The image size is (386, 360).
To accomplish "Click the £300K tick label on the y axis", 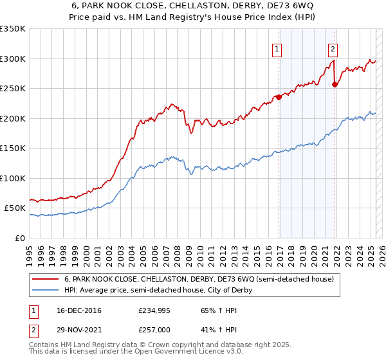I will click(13, 59).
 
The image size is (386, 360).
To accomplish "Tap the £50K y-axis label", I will click(15, 208).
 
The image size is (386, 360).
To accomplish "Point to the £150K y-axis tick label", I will click(13, 148).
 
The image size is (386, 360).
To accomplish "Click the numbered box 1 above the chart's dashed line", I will click(277, 48).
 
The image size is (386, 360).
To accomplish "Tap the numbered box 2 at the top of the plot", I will click(333, 48).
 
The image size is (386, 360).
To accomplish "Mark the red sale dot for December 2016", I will click(279, 98).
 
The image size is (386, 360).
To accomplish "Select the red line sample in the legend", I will click(46, 280).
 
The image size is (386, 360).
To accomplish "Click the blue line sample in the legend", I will click(46, 290).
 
